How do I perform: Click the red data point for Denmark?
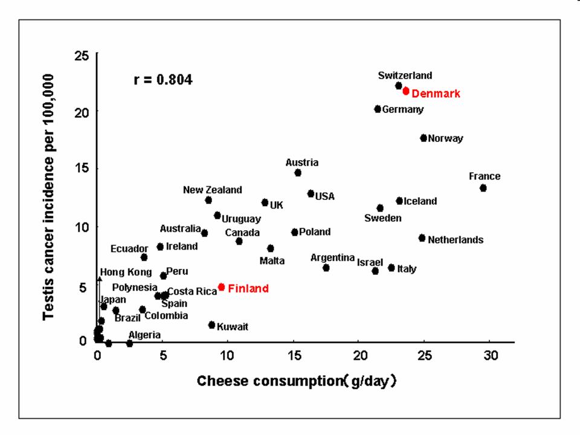[406, 91]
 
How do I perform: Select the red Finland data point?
[222, 287]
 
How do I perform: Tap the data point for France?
[483, 188]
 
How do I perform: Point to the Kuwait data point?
[211, 325]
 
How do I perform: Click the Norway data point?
[424, 138]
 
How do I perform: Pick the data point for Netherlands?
[422, 238]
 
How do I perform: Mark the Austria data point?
[298, 173]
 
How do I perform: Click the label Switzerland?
[405, 76]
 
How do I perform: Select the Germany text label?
[403, 109]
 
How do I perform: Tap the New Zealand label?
[212, 190]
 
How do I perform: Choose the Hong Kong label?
[126, 272]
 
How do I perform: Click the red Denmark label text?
[436, 94]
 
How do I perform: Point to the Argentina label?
[332, 257]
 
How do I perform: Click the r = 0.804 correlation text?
[163, 80]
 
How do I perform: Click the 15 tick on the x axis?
[293, 355]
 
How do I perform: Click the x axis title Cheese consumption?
[296, 381]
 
